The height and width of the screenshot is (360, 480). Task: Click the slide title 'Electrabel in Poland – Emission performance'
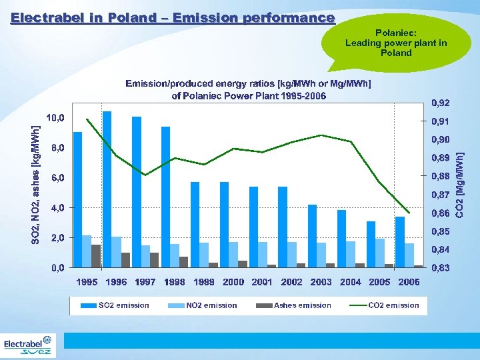pos(173,18)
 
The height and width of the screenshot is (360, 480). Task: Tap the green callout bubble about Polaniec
pos(396,43)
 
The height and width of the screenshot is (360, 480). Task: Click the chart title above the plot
pos(249,89)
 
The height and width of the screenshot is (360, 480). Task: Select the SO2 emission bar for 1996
pos(107,189)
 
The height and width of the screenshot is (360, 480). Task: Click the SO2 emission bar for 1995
pos(77,200)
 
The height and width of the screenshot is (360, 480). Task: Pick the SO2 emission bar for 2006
pos(400,241)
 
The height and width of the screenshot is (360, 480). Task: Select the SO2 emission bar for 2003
pos(312,235)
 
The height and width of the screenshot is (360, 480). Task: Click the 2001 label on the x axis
pos(262,282)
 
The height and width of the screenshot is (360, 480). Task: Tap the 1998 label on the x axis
pos(175,282)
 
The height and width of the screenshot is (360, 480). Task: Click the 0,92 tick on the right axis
pos(441,103)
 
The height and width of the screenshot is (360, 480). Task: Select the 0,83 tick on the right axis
pos(441,267)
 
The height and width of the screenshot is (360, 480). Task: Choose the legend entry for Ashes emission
pos(294,305)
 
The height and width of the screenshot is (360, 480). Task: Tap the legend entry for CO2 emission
pos(385,305)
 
